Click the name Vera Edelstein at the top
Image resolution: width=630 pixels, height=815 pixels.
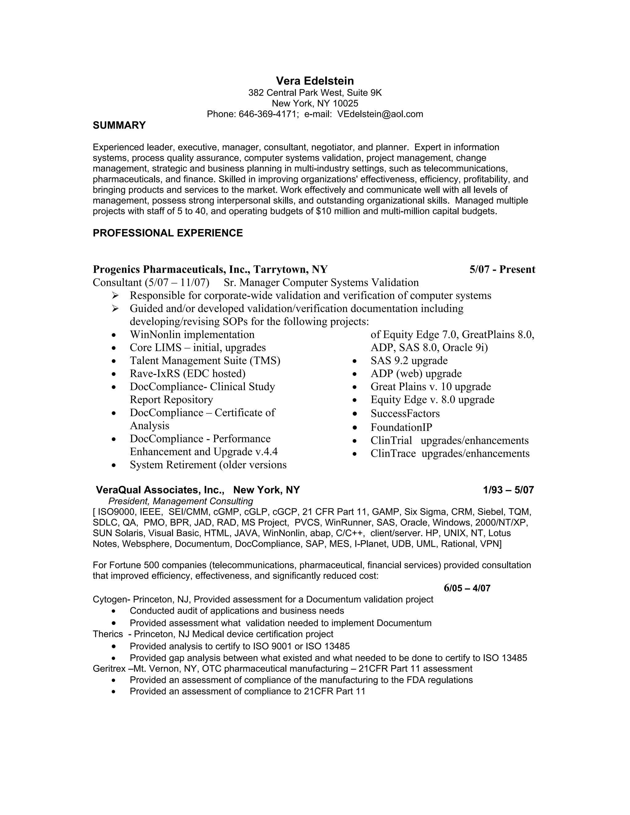[x=315, y=81]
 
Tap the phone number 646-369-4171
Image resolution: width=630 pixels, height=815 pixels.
[x=268, y=114]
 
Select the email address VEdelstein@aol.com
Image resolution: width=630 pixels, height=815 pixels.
[x=380, y=114]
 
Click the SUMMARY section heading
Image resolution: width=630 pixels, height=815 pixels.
[x=119, y=125]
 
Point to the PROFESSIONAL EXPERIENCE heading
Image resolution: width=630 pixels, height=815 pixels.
[x=168, y=233]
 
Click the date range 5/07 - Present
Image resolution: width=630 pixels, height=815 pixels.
[x=502, y=269]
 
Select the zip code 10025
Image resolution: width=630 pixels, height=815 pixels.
[x=345, y=103]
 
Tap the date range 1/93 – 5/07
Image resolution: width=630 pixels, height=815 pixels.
[x=508, y=490]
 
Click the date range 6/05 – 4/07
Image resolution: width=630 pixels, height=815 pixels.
[x=467, y=588]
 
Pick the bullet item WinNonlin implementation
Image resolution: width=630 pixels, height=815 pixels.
[x=192, y=334]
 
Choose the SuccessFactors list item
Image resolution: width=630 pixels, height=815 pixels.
[x=405, y=413]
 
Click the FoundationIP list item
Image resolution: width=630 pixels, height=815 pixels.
[x=401, y=427]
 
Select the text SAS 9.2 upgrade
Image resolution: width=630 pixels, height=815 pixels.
[x=409, y=360]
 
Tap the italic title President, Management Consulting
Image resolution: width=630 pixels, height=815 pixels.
[x=181, y=501]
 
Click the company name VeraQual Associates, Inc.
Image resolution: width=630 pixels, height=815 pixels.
[x=160, y=490]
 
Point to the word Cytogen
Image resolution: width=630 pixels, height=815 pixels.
[x=110, y=599]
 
